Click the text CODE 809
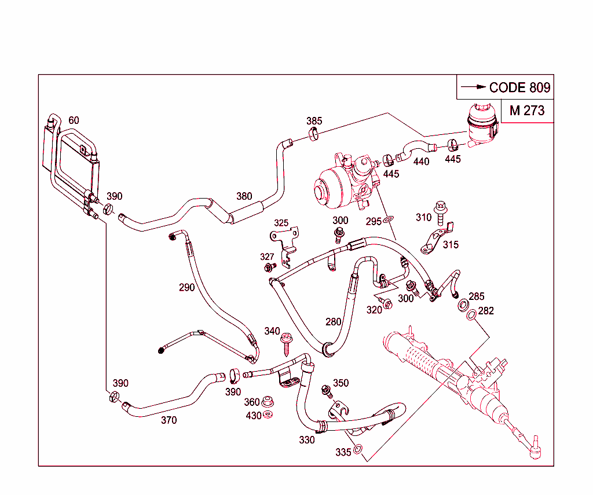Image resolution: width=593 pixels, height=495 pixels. pos(519,88)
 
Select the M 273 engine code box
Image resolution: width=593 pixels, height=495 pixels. pos(527,111)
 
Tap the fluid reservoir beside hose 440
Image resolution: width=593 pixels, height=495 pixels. pos(480,125)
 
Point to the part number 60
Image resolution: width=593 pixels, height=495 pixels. pos(74,120)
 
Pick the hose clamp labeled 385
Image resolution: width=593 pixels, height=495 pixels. pos(314,135)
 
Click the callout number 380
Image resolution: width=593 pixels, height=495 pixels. pos(244,196)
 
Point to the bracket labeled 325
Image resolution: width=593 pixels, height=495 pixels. pos(284,243)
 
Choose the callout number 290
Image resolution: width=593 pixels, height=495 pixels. pos(186,287)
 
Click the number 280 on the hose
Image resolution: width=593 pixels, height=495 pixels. pos(333,321)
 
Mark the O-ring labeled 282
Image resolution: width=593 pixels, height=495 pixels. pos(472,314)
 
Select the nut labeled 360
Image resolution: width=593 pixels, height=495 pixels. pos(268,401)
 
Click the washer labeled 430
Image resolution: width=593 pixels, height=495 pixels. pos(268,415)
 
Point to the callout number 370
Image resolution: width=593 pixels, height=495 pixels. pos(169,420)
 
